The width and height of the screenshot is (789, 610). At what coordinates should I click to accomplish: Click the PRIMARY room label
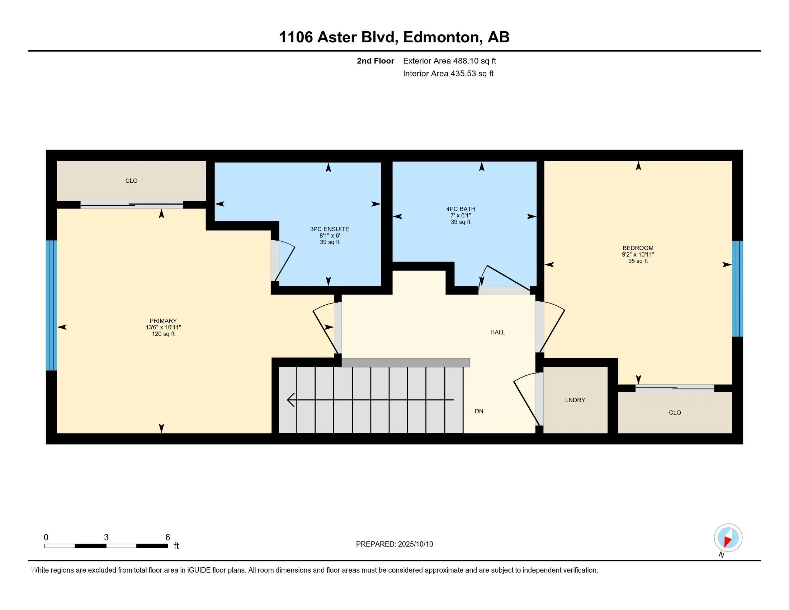(163, 321)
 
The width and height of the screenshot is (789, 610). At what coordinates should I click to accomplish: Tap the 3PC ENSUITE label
(330, 229)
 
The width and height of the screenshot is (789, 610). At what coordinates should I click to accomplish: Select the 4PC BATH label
(460, 209)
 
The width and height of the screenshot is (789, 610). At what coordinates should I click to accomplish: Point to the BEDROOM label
(638, 248)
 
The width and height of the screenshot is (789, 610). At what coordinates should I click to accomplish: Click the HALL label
(497, 333)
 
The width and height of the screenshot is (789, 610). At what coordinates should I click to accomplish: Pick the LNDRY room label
(575, 400)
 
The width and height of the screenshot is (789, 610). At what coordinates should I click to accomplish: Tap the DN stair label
(479, 411)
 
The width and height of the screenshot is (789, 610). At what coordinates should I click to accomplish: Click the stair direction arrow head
(291, 400)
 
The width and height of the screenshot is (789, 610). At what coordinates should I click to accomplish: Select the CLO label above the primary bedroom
(131, 181)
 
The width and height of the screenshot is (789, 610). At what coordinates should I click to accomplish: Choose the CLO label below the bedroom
(675, 413)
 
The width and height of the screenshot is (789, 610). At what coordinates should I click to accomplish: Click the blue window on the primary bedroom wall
(51, 305)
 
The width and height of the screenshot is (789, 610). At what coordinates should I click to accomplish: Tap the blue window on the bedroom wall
(737, 289)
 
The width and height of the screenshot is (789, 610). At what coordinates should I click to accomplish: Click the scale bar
(106, 546)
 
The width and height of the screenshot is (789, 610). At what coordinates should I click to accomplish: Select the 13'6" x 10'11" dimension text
(163, 327)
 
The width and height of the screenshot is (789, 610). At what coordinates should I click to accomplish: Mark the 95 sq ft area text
(638, 261)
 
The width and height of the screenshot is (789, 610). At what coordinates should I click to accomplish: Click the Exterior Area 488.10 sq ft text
(449, 61)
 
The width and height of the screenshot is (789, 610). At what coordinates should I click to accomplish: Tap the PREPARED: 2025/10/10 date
(394, 544)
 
